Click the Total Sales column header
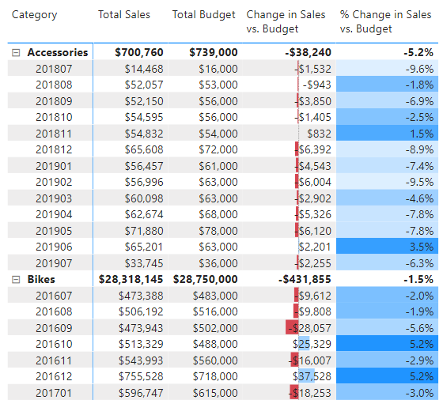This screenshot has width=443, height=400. [124, 15]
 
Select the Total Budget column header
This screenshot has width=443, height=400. [204, 15]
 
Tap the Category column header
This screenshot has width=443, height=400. [35, 15]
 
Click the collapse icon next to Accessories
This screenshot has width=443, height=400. [16, 52]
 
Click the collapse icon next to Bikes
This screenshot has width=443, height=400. [16, 280]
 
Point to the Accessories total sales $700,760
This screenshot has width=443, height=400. [139, 52]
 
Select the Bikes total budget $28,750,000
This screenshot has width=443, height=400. [205, 280]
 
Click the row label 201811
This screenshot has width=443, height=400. [54, 134]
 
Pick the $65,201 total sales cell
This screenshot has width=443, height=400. [144, 247]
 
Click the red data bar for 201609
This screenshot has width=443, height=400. [292, 327]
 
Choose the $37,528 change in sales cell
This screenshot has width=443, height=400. [312, 376]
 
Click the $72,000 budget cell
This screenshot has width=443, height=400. [218, 149]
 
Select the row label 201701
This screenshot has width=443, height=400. [54, 393]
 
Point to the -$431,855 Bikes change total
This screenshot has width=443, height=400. [305, 280]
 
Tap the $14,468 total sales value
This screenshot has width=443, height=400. [144, 69]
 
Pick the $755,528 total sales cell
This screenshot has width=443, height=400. [141, 376]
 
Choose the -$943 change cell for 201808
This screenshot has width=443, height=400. [316, 85]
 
